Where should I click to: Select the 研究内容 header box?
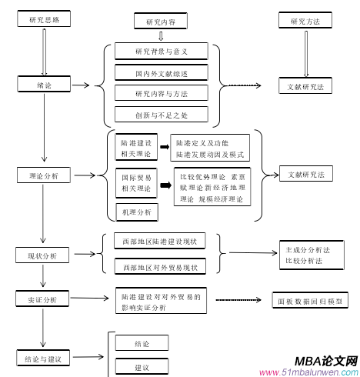(160, 22)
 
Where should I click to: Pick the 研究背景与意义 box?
(161, 52)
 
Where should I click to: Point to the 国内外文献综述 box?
(161, 73)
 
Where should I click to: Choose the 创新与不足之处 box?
(161, 115)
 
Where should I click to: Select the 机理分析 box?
(136, 212)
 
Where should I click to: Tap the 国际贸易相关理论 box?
(136, 183)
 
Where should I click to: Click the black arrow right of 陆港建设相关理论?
(164, 146)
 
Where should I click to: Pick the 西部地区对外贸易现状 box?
(159, 267)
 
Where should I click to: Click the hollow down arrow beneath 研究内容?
(160, 35)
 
